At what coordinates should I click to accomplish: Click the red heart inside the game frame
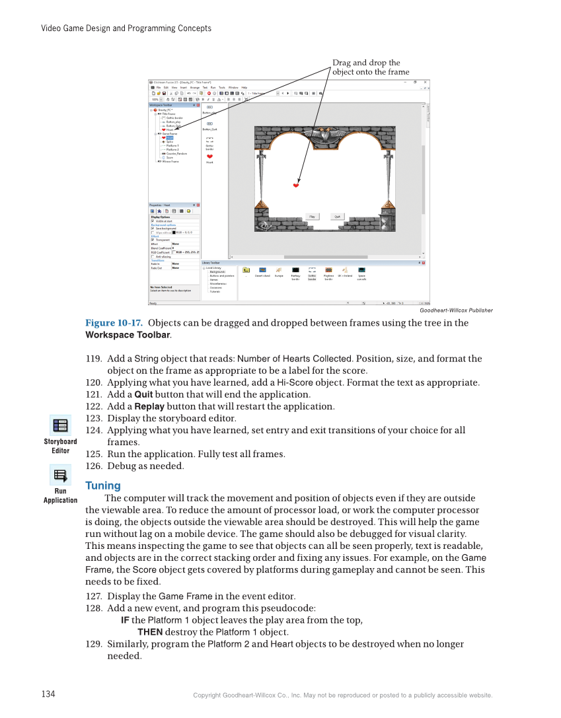click(296, 186)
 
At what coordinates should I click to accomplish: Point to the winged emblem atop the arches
click(324, 134)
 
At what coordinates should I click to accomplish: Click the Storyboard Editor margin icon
click(60, 426)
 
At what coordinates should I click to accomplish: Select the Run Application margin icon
click(60, 476)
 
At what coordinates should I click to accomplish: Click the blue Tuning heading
click(102, 485)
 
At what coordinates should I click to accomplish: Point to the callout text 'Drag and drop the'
click(366, 63)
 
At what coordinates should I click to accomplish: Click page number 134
click(48, 694)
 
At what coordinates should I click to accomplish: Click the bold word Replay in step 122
click(149, 406)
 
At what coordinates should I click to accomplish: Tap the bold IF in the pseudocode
click(125, 620)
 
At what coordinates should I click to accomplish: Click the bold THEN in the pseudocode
click(150, 632)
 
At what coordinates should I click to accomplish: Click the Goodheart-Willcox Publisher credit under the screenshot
click(456, 310)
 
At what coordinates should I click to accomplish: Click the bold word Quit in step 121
click(143, 394)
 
